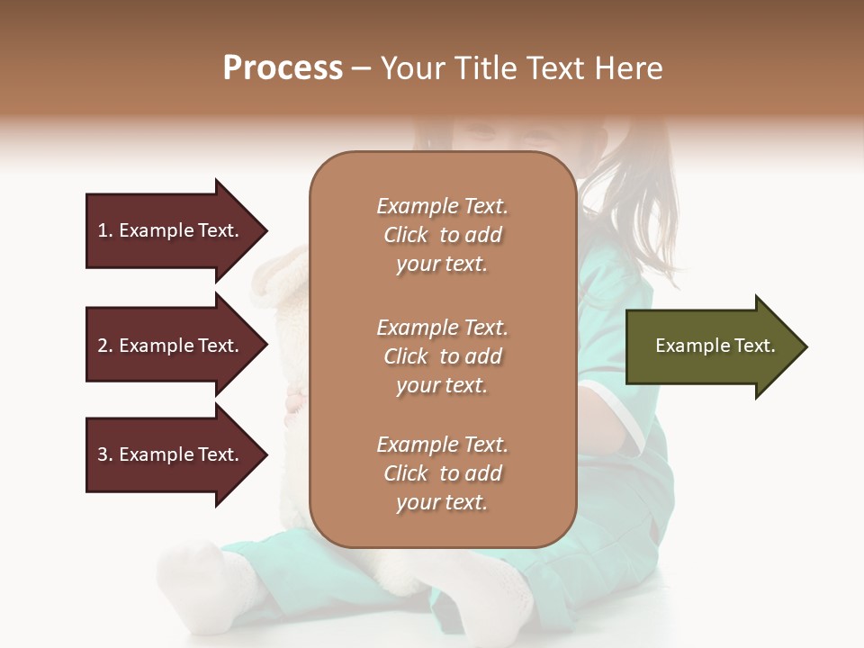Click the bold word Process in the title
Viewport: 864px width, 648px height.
click(283, 68)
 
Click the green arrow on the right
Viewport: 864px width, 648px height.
click(711, 346)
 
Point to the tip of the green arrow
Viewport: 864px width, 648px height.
click(805, 346)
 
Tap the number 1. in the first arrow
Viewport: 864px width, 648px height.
click(104, 230)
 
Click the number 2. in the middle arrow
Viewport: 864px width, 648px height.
click(104, 346)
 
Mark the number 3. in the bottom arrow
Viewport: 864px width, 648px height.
click(104, 454)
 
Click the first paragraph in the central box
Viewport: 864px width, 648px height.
click(442, 235)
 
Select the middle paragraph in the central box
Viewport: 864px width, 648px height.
click(442, 356)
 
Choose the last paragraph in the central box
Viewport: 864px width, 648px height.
click(442, 473)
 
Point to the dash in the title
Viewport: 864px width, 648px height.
click(362, 69)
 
